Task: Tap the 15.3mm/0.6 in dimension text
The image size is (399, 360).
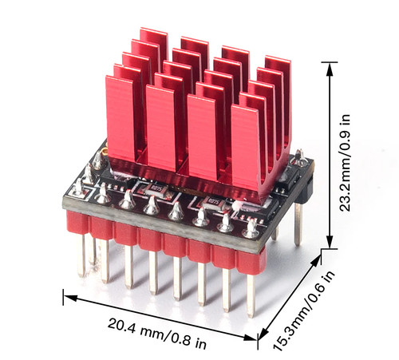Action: coord(302,310)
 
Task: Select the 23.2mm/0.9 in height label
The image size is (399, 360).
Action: coord(345,163)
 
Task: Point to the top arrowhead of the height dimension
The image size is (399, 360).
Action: coord(330,69)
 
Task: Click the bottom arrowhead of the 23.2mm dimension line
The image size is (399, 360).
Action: coord(330,242)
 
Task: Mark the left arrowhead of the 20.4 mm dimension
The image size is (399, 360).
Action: coord(70,298)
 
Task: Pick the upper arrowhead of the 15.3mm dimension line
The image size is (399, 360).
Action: coord(316,260)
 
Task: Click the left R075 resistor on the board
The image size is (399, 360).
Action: coord(154,188)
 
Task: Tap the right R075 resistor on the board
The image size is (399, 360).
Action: coord(213,201)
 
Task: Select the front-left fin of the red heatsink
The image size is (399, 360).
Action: coord(120,118)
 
